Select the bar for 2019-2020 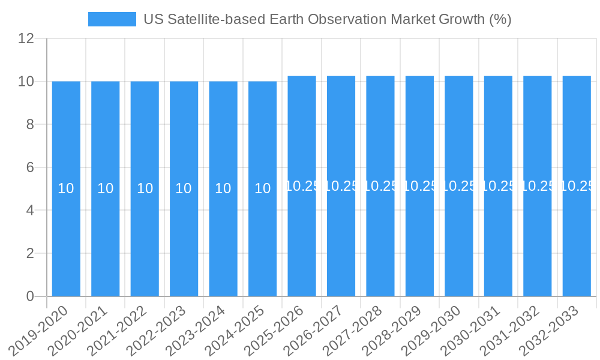pyautogui.click(x=66, y=240)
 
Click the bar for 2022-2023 pyautogui.click(x=184, y=240)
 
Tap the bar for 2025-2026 pyautogui.click(x=302, y=240)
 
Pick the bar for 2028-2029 pyautogui.click(x=419, y=240)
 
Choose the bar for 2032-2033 pyautogui.click(x=577, y=240)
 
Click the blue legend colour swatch pyautogui.click(x=112, y=19)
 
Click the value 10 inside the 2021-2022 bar pyautogui.click(x=145, y=188)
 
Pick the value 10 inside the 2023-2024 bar pyautogui.click(x=223, y=188)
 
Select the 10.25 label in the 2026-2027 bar pyautogui.click(x=341, y=186)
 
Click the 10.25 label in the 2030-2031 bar pyautogui.click(x=498, y=186)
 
